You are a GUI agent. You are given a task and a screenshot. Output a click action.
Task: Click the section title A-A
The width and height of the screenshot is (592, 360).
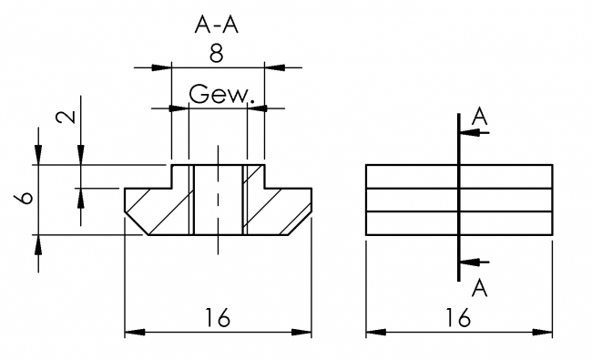[x=217, y=25]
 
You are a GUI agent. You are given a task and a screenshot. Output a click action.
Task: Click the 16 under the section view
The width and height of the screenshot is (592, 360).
[x=218, y=316]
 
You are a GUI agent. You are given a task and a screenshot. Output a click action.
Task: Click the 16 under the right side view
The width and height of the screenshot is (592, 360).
[x=458, y=316]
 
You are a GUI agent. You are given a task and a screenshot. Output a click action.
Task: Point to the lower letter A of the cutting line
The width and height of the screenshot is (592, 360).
[x=480, y=288]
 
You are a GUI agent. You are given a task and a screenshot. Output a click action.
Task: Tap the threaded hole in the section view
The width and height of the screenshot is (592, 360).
[x=218, y=199]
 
